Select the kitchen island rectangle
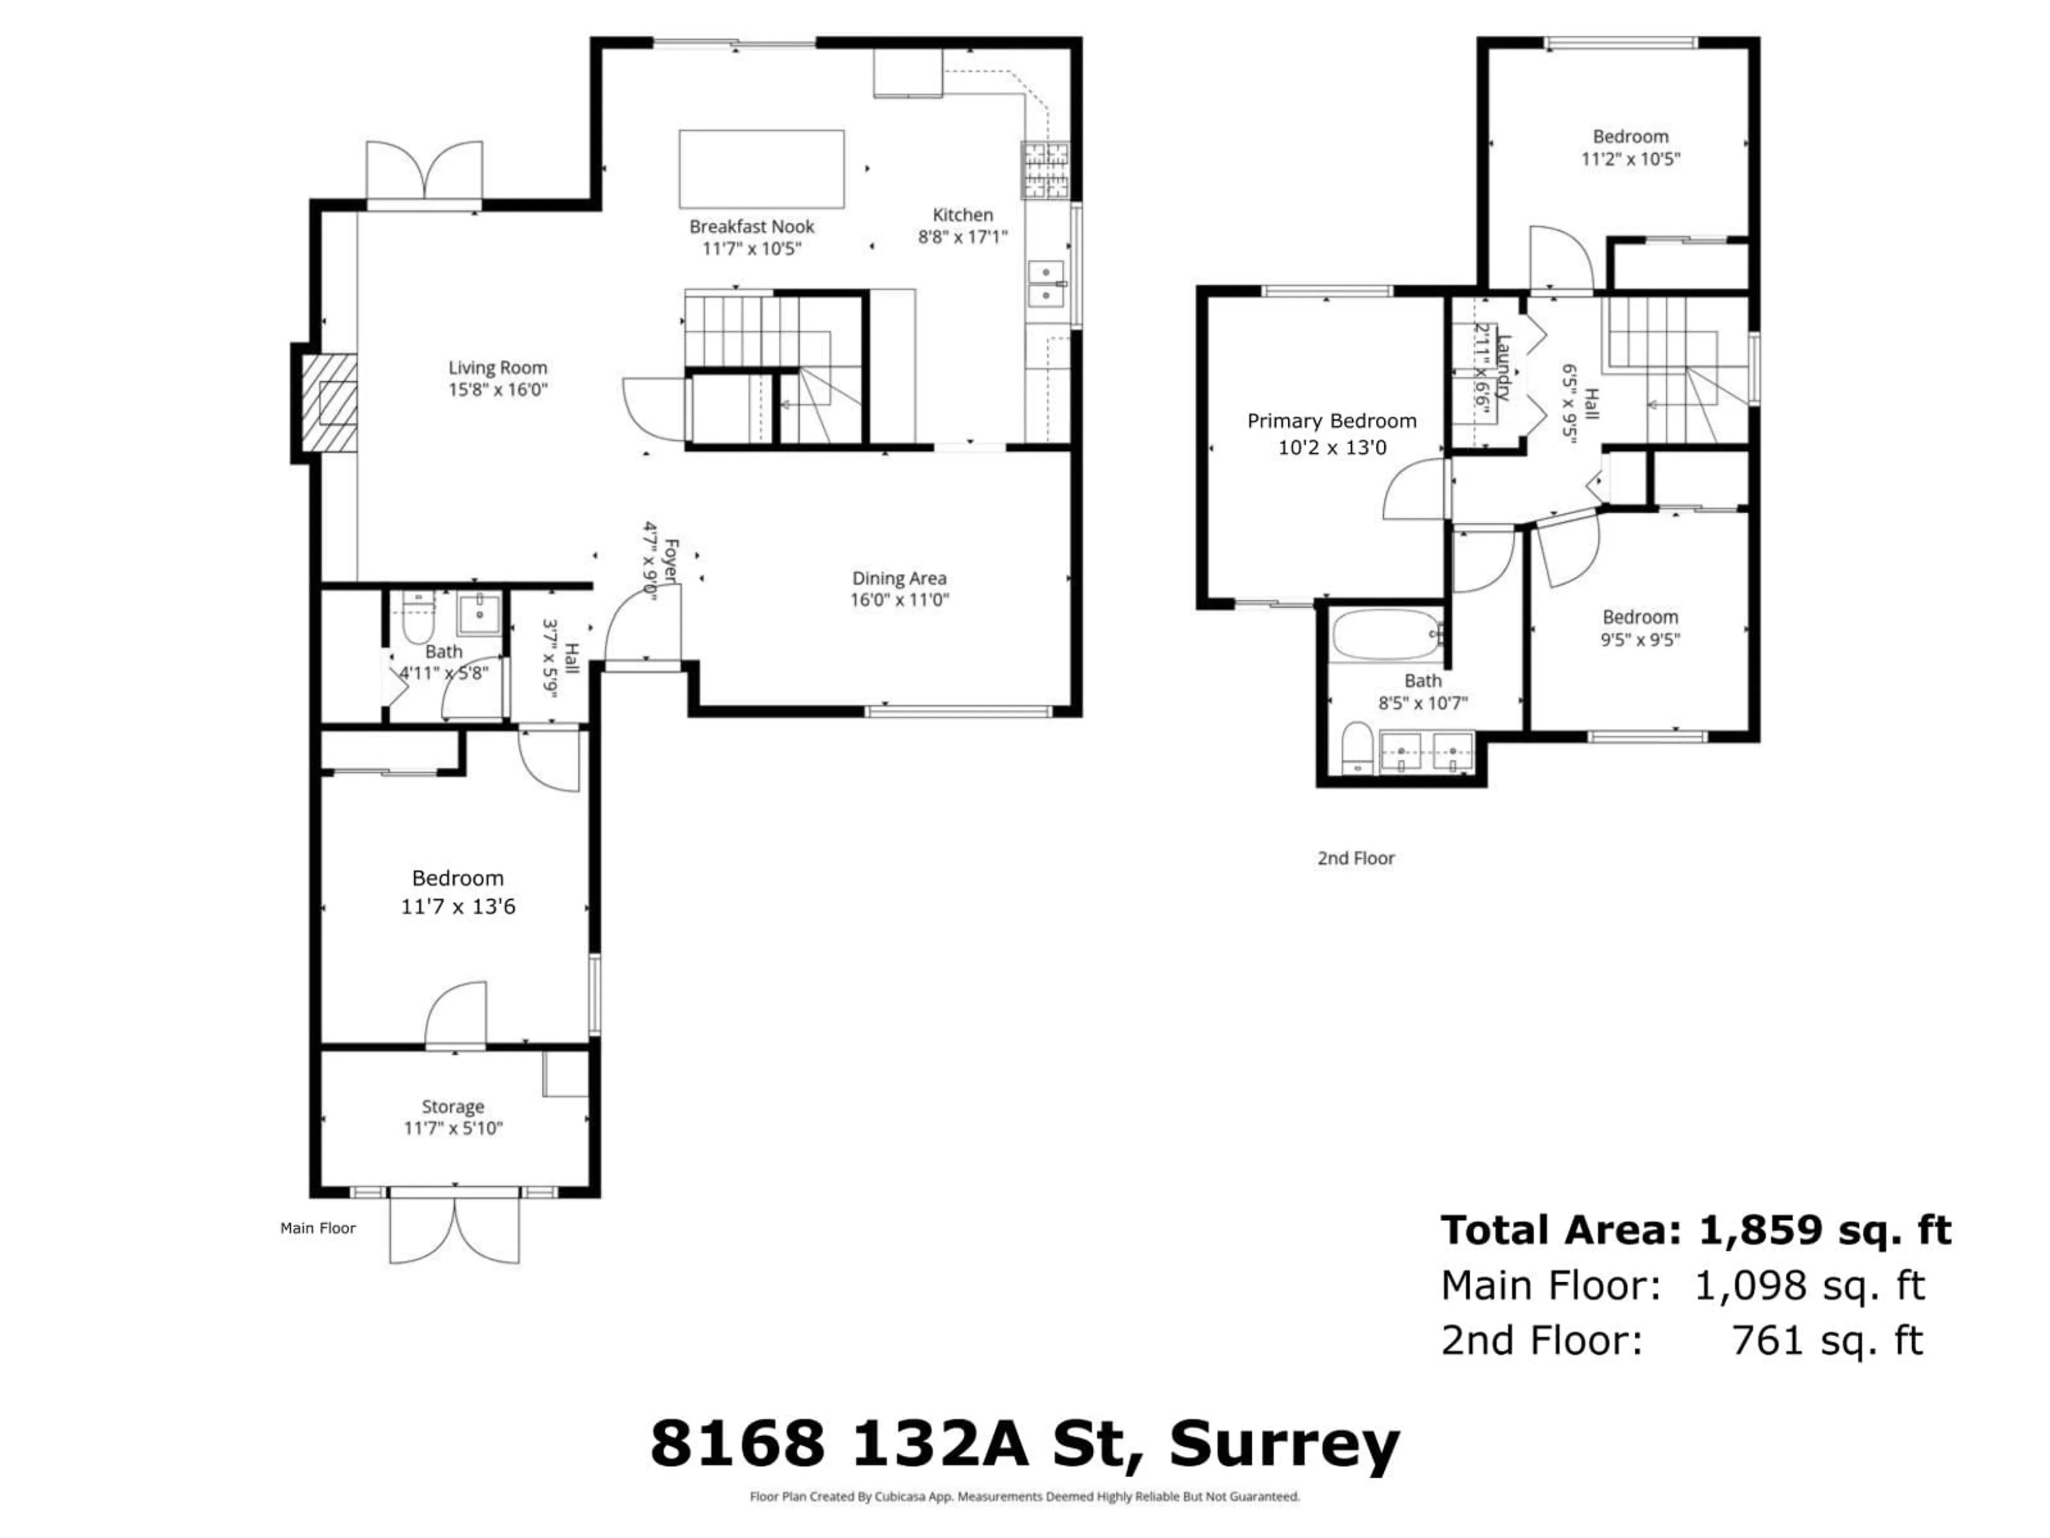(x=761, y=169)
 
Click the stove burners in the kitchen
(x=1044, y=170)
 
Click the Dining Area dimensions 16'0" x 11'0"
(x=899, y=600)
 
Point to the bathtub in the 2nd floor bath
(x=1385, y=634)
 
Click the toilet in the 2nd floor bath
(x=1357, y=747)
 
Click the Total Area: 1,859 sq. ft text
(x=1695, y=1231)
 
